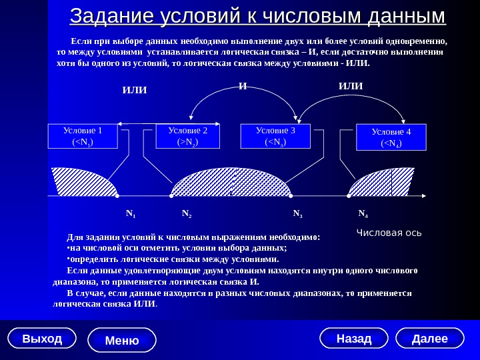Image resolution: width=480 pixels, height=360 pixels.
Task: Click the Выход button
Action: [42, 339]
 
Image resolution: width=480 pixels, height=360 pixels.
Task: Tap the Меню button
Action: [122, 340]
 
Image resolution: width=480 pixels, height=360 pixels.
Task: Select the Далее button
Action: [429, 339]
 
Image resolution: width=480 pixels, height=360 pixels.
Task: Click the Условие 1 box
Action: [83, 136]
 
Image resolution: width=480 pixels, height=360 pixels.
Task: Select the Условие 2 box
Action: [189, 136]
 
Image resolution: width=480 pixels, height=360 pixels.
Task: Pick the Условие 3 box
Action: [275, 136]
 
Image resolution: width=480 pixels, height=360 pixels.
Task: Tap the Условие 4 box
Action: [391, 137]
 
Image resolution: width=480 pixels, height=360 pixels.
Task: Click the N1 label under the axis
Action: [130, 215]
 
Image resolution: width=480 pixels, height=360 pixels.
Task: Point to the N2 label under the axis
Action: [187, 215]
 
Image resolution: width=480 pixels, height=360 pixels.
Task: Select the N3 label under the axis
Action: [298, 215]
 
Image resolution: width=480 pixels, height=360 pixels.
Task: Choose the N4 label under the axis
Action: [363, 214]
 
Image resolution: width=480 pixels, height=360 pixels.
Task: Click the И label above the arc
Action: [243, 86]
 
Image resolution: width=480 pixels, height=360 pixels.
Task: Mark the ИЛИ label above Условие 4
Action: [351, 86]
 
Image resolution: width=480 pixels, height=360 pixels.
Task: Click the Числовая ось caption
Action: [389, 233]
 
